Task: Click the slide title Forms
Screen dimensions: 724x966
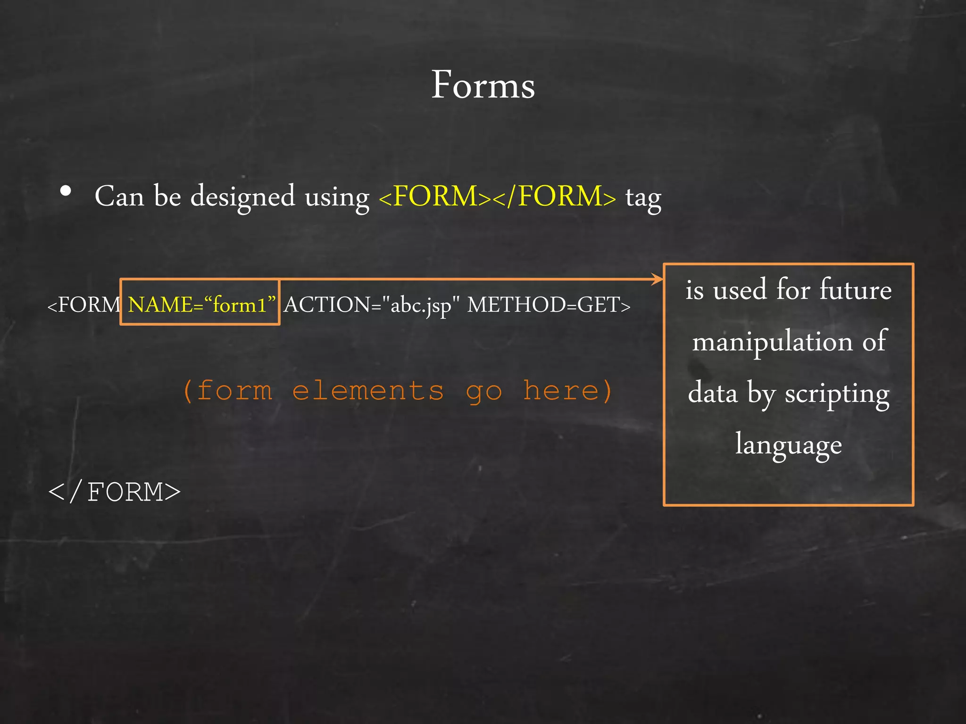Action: [x=483, y=85]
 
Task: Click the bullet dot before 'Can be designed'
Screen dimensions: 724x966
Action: [x=66, y=191]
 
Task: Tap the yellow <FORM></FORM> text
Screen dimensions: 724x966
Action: [x=497, y=196]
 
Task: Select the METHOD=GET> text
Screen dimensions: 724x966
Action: [x=549, y=305]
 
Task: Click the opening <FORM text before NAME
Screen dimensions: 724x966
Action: [x=84, y=305]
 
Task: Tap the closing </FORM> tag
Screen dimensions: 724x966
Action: [x=115, y=492]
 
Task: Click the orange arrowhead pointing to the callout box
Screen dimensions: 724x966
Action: [x=657, y=279]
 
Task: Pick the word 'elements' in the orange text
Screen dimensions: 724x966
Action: [x=368, y=391]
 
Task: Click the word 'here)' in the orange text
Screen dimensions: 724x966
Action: [x=567, y=391]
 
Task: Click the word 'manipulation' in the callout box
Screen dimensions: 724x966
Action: [x=772, y=342]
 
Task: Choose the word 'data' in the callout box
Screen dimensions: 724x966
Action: [x=712, y=393]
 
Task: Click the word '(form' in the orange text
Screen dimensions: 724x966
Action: [x=228, y=391]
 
